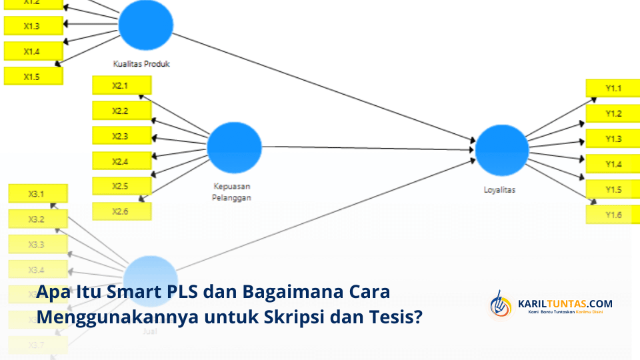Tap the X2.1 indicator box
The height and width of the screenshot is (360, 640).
pos(121,85)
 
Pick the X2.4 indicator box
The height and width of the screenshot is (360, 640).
pos(121,161)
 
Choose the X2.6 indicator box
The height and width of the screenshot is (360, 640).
pos(121,211)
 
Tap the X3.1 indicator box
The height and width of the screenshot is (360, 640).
pos(37,194)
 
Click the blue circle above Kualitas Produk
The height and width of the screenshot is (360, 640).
pos(146,24)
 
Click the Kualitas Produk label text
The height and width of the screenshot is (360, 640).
pos(141,65)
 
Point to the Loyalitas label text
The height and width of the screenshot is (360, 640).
pos(499,190)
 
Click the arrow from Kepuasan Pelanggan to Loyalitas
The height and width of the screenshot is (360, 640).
pos(367,148)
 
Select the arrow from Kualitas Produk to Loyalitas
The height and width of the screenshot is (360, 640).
pos(320,87)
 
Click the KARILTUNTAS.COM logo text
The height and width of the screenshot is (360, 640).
pos(565,304)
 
